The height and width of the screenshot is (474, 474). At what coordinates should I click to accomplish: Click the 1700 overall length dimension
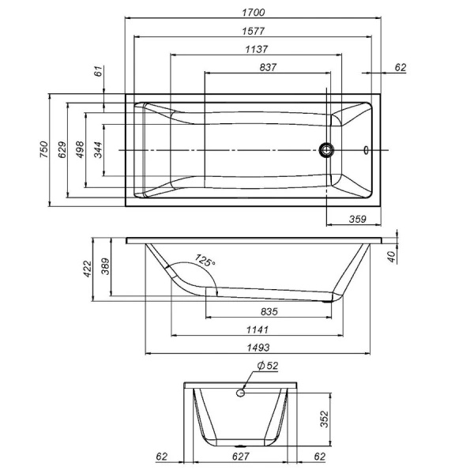[253, 12]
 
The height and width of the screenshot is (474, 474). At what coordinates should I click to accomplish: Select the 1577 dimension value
[253, 31]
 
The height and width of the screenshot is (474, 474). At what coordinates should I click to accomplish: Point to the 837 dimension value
[267, 68]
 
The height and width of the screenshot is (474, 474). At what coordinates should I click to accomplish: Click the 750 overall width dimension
[43, 150]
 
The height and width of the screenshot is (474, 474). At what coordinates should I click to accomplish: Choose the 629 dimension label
[62, 150]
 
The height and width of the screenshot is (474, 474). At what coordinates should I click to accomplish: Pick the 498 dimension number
[80, 150]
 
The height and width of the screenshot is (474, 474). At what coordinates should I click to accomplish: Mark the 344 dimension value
[98, 150]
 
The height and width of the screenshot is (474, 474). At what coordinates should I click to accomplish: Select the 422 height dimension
[87, 269]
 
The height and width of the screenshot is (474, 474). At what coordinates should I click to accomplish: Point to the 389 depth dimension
[105, 269]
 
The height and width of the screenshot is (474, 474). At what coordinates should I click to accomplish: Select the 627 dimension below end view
[241, 457]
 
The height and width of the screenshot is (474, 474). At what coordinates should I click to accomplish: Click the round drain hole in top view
[326, 149]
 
